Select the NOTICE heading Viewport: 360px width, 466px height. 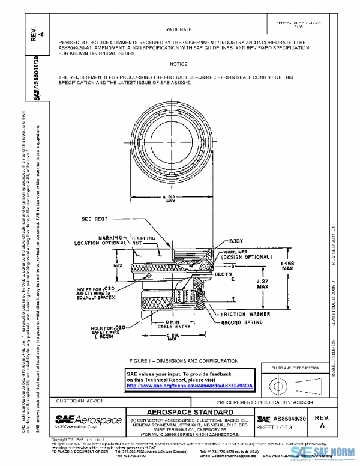click(x=178, y=64)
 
